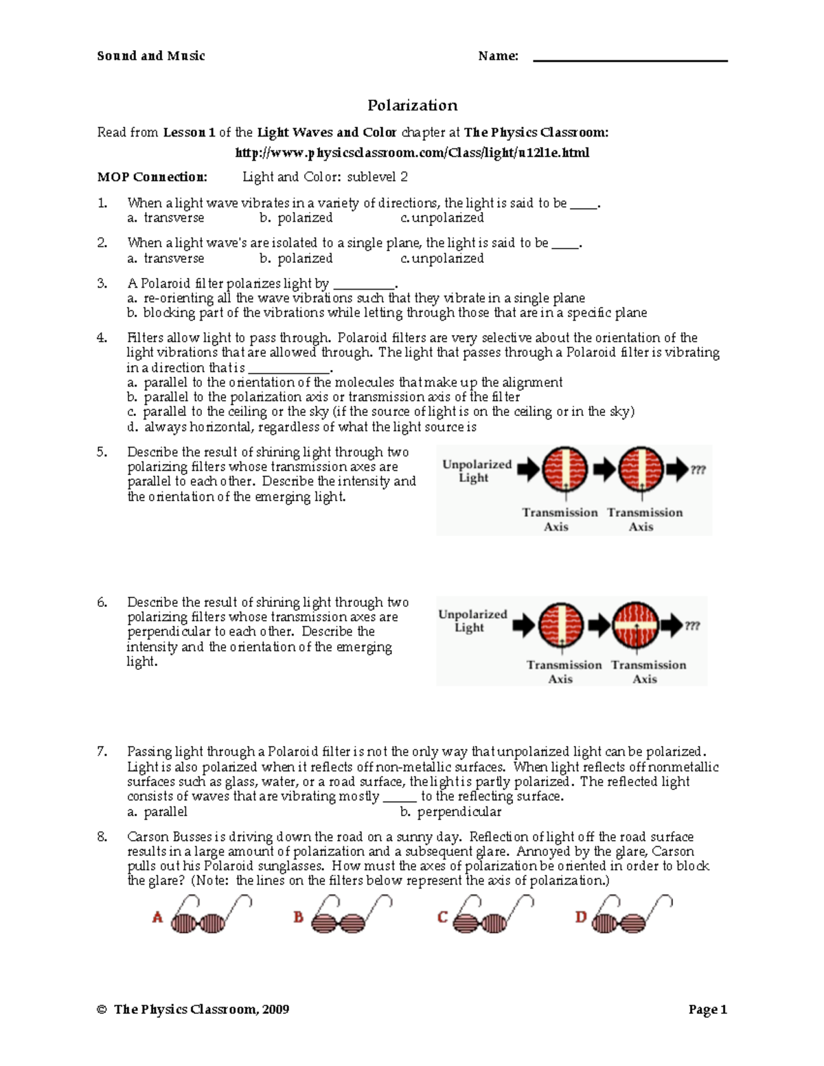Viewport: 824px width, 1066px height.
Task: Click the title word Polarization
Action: coord(412,105)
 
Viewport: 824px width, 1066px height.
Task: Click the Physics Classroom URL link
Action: coord(412,152)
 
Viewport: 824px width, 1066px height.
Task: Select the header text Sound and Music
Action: coord(151,56)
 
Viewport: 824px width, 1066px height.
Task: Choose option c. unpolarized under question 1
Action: coord(442,218)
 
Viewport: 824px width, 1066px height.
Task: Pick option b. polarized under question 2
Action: coord(296,259)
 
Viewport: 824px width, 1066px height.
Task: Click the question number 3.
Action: coord(102,283)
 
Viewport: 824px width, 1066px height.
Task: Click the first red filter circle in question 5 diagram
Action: coord(565,470)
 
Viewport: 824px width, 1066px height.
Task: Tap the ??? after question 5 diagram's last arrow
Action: coord(698,470)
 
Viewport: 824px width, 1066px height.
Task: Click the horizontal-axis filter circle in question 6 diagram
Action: coord(635,625)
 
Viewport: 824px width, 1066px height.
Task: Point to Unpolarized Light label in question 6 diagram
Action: coord(472,621)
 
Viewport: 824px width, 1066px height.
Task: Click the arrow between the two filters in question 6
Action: coord(599,625)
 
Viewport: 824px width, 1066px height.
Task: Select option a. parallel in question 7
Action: coord(157,812)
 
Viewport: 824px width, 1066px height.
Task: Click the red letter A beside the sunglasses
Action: coord(157,918)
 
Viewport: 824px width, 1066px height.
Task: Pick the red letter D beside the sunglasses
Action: coord(581,918)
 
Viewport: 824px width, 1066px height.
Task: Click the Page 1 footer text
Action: coord(707,1009)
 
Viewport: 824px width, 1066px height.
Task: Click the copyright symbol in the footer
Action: coord(102,1010)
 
